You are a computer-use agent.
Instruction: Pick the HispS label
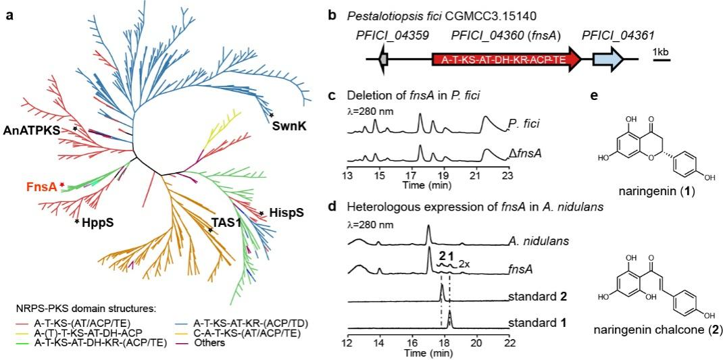click(284, 213)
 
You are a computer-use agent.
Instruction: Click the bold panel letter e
click(593, 96)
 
